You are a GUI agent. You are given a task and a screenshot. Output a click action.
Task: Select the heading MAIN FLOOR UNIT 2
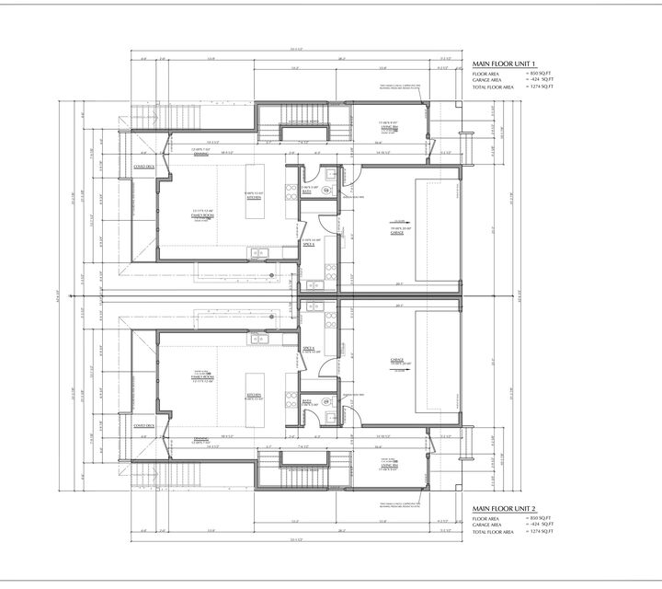(x=505, y=507)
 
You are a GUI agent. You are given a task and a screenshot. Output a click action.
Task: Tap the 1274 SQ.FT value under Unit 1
(x=542, y=88)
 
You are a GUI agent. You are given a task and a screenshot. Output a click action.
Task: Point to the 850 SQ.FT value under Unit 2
(x=542, y=518)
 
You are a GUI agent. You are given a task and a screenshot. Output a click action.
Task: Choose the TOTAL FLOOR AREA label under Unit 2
(x=494, y=533)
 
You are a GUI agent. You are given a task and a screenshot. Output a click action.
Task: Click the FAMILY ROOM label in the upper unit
(x=202, y=214)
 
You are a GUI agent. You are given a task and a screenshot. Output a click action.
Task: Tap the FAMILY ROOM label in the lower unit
(x=202, y=377)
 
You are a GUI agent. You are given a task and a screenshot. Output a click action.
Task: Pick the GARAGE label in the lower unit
(x=398, y=361)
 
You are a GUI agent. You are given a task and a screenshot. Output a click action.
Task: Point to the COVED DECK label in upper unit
(x=144, y=167)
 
